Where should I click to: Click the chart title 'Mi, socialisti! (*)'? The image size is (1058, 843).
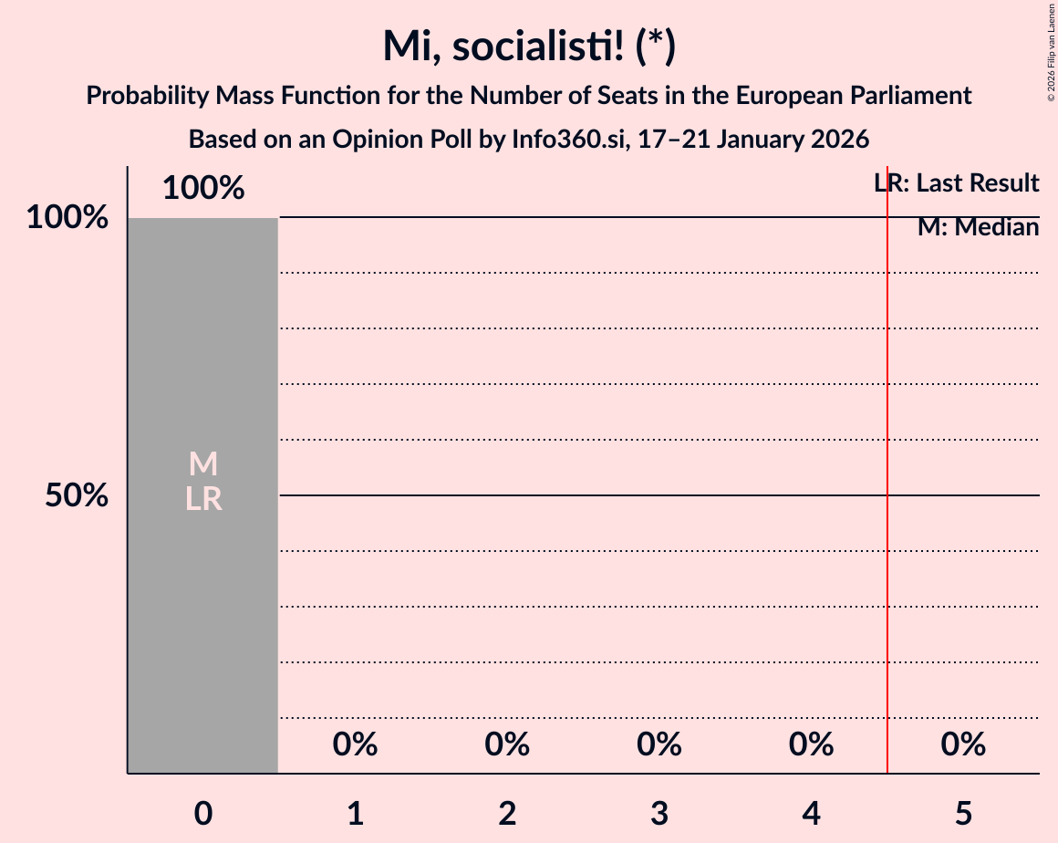(x=529, y=46)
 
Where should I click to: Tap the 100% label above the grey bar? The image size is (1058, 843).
(x=203, y=189)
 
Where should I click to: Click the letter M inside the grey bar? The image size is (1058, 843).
(x=203, y=464)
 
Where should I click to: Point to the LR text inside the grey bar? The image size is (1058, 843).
(x=203, y=499)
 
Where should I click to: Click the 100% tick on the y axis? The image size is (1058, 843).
(x=67, y=218)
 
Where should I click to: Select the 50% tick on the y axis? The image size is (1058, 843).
(x=77, y=496)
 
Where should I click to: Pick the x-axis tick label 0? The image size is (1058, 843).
(x=203, y=813)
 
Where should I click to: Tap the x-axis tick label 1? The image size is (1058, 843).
(x=356, y=813)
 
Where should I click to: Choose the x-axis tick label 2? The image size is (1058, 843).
(x=507, y=813)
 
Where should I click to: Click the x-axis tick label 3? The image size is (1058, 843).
(x=659, y=813)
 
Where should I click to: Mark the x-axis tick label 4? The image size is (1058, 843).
(x=812, y=813)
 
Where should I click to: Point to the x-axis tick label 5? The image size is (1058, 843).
(x=963, y=813)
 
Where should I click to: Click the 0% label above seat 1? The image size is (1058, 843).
(x=356, y=745)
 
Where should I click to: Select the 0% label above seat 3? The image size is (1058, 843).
(x=659, y=745)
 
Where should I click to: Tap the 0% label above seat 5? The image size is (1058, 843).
(x=963, y=745)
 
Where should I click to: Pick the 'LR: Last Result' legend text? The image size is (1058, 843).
(x=956, y=183)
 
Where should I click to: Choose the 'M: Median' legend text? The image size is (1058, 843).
(x=978, y=227)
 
